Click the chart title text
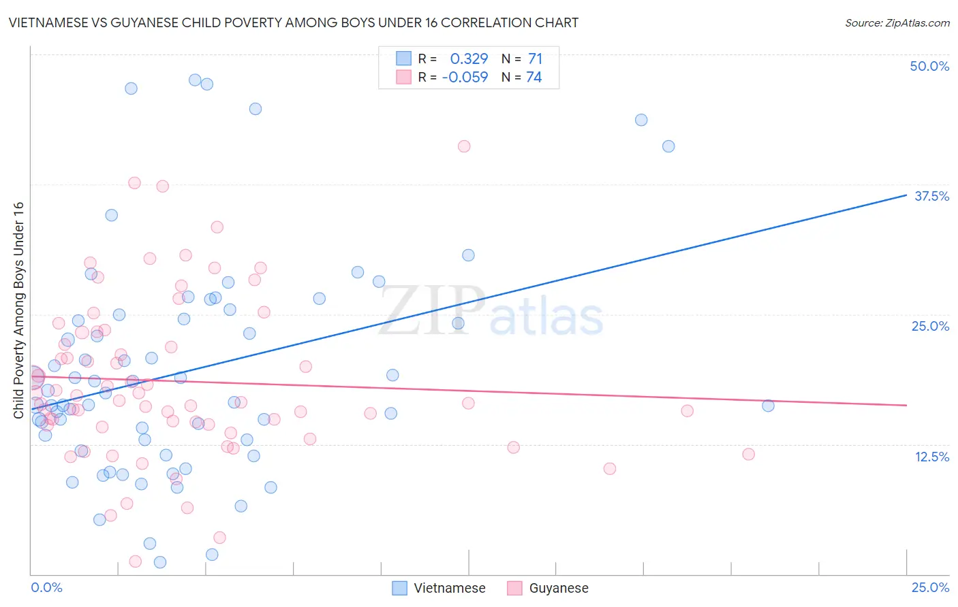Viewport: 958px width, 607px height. [294, 22]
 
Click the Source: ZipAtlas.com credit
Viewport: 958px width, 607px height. [897, 22]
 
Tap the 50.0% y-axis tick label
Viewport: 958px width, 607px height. [929, 66]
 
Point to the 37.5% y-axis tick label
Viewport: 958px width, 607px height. [931, 196]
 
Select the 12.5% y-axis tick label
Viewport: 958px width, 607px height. [931, 457]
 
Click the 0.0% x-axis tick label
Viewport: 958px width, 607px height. [46, 587]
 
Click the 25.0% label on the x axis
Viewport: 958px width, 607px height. [929, 587]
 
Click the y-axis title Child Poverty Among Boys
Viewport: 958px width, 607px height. [18, 310]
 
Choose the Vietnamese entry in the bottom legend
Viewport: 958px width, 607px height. [439, 588]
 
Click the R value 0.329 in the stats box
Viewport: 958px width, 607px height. [469, 59]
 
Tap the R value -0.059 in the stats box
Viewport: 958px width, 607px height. [465, 78]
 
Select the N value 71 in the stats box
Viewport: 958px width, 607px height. [535, 59]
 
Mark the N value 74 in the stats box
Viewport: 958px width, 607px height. [534, 78]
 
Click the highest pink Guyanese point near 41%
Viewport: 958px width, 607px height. [464, 146]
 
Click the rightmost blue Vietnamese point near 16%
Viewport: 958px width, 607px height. [768, 406]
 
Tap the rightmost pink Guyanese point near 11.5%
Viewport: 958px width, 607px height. [748, 454]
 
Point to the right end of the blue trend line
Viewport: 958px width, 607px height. [906, 195]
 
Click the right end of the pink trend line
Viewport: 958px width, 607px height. [906, 405]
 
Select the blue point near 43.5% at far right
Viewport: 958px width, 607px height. [641, 120]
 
